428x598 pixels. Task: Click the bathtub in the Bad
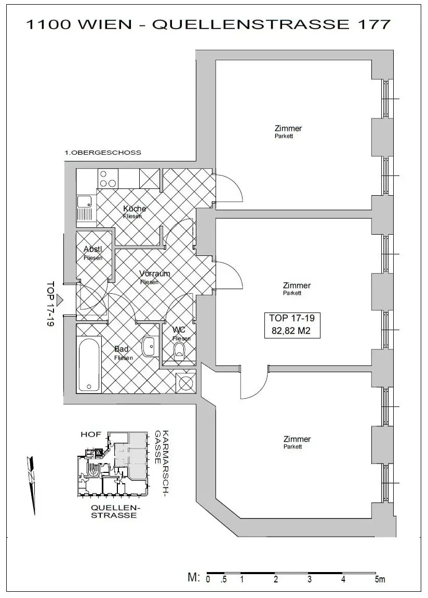tap(90, 364)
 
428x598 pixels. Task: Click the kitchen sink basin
tap(84, 202)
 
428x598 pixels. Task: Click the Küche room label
tap(135, 209)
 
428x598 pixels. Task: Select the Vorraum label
tap(154, 274)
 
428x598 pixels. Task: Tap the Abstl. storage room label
tap(92, 249)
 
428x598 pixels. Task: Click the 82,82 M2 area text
tap(291, 331)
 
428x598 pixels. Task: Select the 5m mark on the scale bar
tap(380, 580)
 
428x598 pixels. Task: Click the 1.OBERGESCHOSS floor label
tap(103, 153)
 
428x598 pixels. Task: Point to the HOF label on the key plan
tap(91, 434)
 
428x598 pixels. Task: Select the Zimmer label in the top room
tap(288, 129)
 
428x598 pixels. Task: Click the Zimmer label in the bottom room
tap(297, 439)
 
